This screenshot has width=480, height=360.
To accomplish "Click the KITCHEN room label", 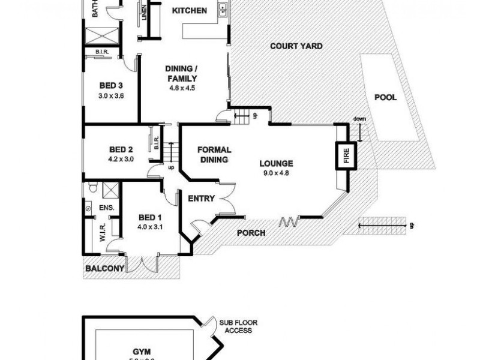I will (190, 11).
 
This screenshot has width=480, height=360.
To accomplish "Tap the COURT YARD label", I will (296, 46).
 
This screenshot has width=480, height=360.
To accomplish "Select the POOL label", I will (385, 97).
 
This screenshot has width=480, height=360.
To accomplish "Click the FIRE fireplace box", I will (346, 155).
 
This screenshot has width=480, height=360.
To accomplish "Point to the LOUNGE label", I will (276, 163).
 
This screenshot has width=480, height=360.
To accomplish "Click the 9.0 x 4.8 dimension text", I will (276, 173).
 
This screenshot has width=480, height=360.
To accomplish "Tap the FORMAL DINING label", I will (214, 155).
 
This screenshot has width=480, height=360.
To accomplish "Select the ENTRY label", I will (202, 199).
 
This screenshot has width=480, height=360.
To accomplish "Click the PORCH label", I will (250, 233).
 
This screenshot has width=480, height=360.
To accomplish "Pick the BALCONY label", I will (104, 269).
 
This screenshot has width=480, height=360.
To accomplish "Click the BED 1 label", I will (149, 217).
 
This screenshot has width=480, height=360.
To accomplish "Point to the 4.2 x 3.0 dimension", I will (121, 160).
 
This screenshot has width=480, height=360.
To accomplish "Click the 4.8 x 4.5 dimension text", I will (182, 88).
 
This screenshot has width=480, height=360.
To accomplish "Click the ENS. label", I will (106, 208).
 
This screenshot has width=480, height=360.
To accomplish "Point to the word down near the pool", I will (360, 118).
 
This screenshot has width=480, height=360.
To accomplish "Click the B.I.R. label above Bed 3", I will (101, 53).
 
